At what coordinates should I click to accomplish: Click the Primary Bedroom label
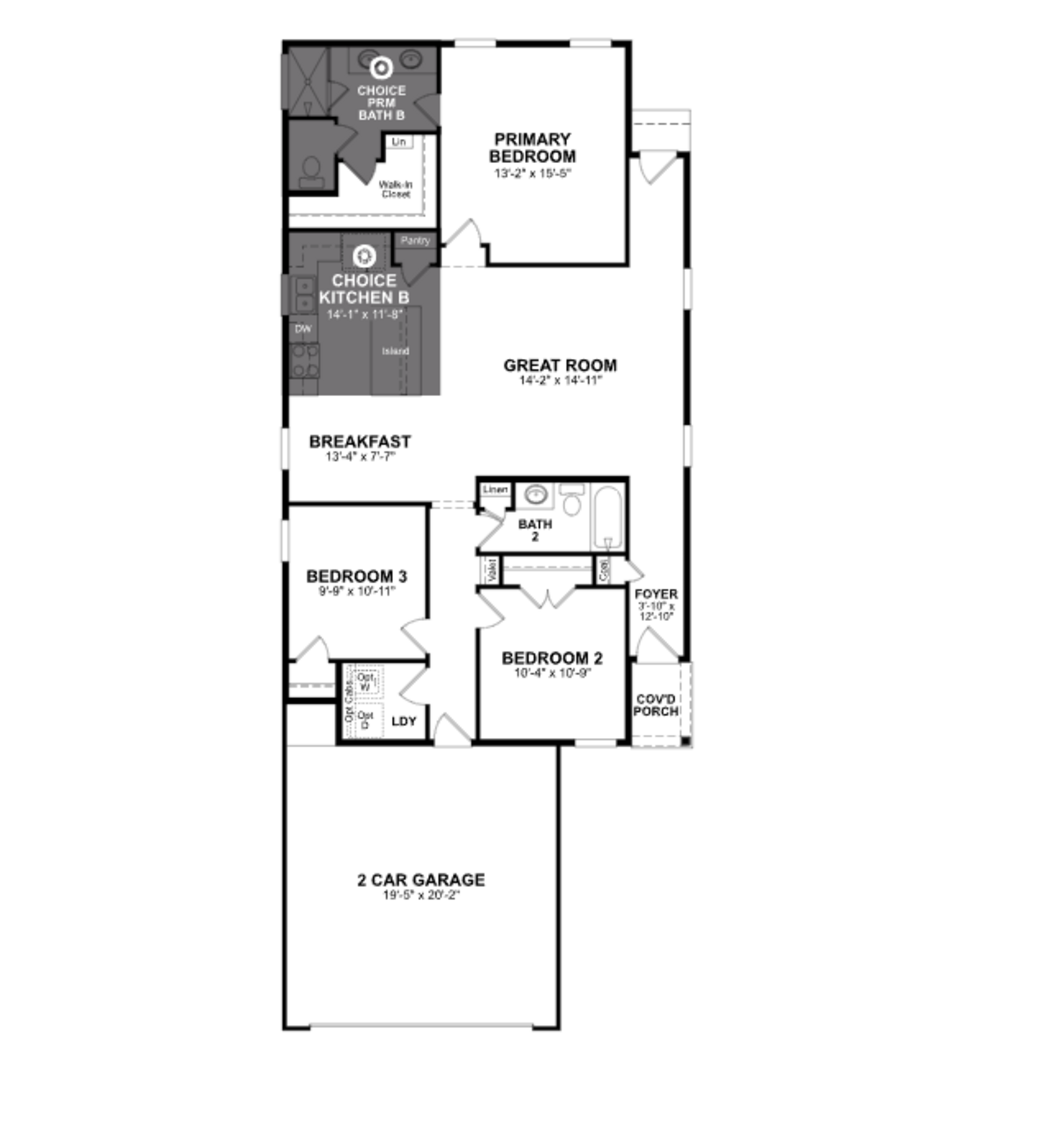(x=531, y=148)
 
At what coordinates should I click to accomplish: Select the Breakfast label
(x=359, y=442)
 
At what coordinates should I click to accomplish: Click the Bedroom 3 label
(x=356, y=576)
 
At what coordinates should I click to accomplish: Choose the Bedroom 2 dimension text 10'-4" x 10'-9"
(x=552, y=673)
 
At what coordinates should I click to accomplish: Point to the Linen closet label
(x=495, y=490)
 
